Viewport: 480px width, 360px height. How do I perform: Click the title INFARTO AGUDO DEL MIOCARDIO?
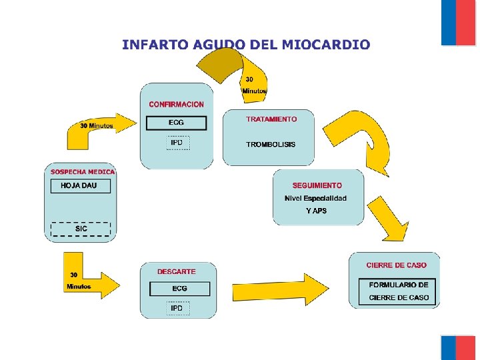(245, 45)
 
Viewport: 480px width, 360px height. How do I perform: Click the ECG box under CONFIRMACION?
(177, 123)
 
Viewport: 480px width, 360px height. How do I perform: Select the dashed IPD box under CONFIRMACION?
(177, 143)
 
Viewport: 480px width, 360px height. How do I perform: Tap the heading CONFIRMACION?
(177, 105)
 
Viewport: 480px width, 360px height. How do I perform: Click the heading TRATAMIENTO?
(271, 119)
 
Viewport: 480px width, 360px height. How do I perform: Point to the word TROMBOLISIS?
(271, 144)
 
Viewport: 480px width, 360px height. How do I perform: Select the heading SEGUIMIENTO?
(317, 185)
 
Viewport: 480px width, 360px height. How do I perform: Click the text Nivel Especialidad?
(316, 198)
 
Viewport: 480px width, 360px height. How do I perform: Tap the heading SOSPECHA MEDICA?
(83, 172)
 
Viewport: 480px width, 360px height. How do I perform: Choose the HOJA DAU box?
(81, 185)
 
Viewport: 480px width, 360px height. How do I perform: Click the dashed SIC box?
(81, 229)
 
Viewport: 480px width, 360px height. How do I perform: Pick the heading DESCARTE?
(177, 271)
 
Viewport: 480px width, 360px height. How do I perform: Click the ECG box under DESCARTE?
(179, 289)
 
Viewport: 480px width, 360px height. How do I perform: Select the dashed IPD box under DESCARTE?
(177, 308)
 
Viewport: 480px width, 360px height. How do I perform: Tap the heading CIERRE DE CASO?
(396, 265)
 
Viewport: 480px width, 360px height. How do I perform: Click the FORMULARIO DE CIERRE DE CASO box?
(399, 291)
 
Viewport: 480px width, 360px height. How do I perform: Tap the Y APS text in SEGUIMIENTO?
(316, 211)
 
